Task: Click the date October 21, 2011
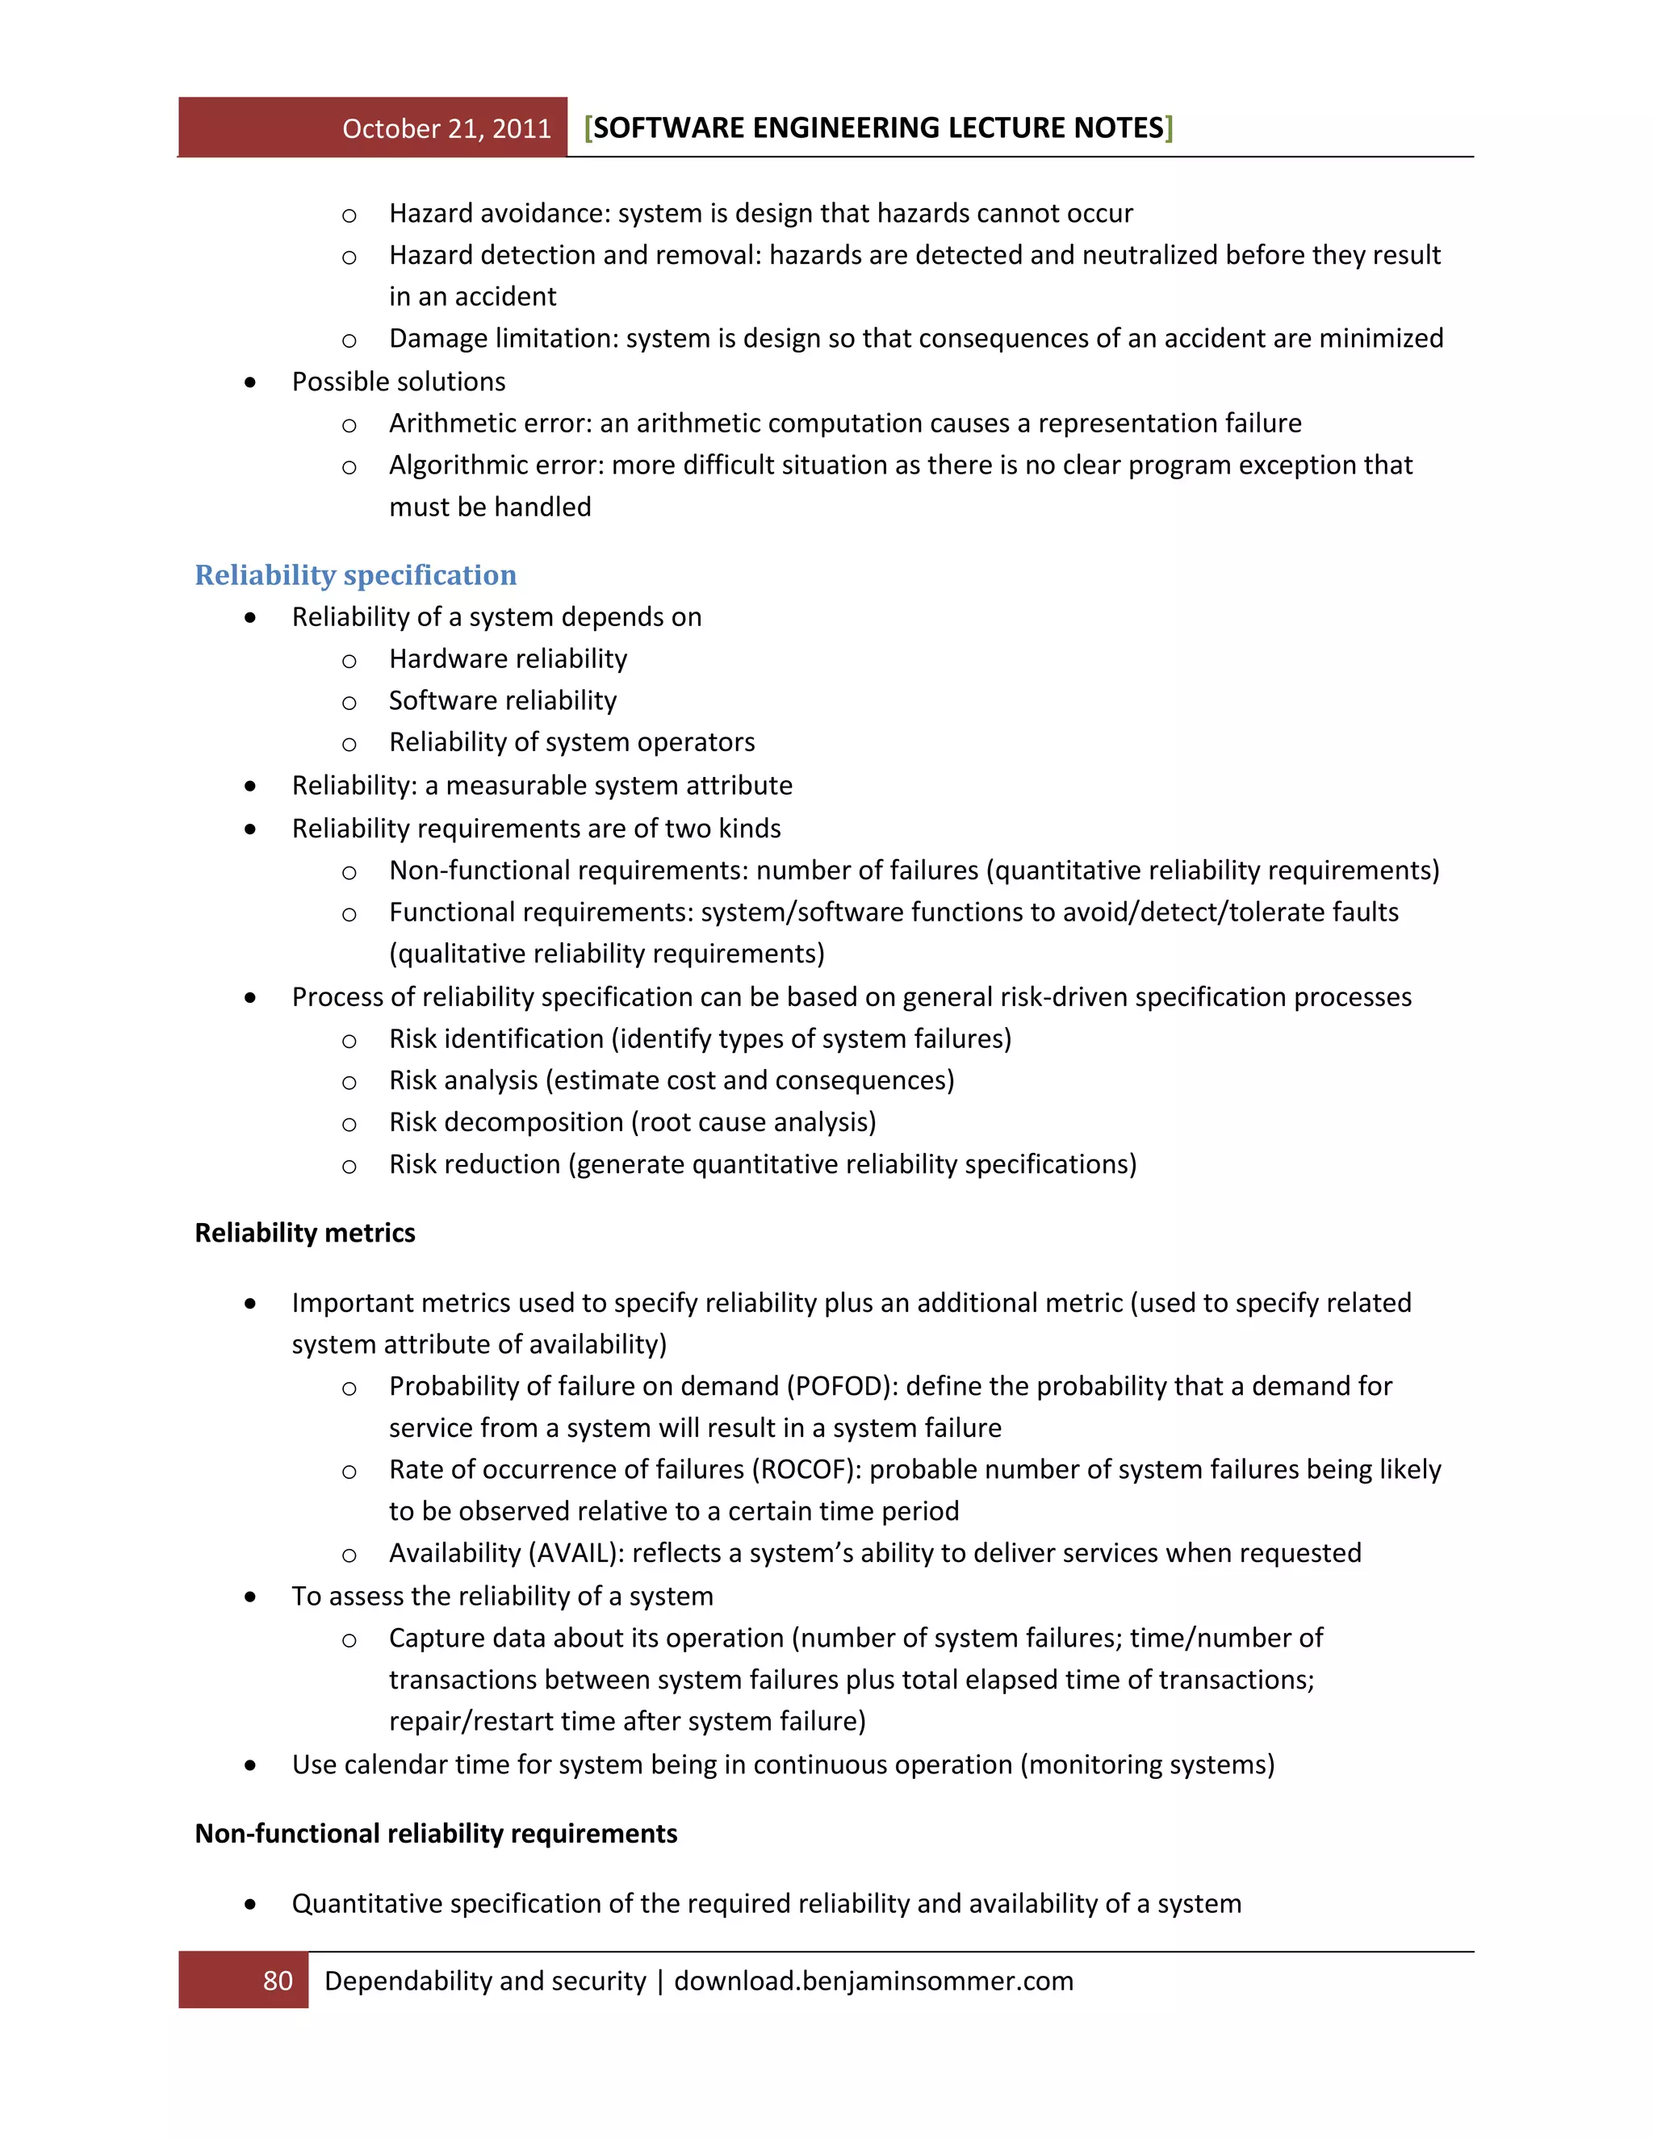click(446, 128)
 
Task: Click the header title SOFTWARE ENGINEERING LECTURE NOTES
click(878, 127)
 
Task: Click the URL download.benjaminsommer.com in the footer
click(873, 1981)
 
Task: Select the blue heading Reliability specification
click(355, 574)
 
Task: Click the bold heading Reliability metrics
click(304, 1233)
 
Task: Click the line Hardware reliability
click(507, 659)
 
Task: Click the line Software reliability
click(502, 701)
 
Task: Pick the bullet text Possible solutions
click(399, 382)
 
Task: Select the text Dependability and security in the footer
click(485, 1981)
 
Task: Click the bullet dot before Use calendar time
click(251, 1766)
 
